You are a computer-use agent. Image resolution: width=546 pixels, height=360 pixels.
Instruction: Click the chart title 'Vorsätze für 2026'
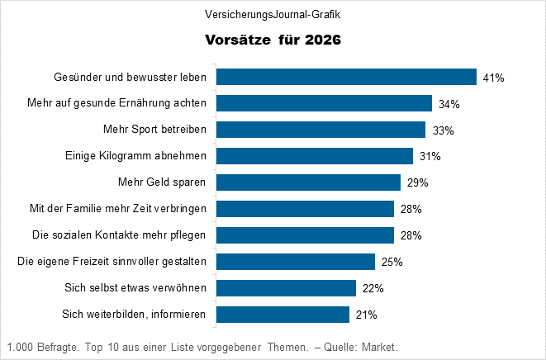pyautogui.click(x=273, y=40)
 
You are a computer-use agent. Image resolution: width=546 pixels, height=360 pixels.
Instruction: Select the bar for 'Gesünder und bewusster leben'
pyautogui.click(x=346, y=77)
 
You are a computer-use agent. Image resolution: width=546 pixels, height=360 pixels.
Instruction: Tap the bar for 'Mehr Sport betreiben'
pyautogui.click(x=320, y=130)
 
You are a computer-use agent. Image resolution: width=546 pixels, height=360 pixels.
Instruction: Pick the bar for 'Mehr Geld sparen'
pyautogui.click(x=308, y=182)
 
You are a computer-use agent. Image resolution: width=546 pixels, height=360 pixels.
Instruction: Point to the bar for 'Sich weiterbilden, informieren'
pyautogui.click(x=282, y=315)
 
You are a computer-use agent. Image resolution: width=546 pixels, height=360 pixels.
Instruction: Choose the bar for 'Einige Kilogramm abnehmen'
pyautogui.click(x=314, y=156)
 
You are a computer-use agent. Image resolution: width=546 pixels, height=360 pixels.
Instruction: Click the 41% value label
pyautogui.click(x=493, y=78)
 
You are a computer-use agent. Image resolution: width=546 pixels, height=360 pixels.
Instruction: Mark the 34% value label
pyautogui.click(x=449, y=104)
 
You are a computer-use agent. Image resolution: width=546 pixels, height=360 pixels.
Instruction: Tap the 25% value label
pyautogui.click(x=392, y=262)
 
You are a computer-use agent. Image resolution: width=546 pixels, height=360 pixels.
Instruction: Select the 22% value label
pyautogui.click(x=373, y=288)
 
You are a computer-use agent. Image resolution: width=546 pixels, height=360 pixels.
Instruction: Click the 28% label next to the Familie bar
pyautogui.click(x=411, y=209)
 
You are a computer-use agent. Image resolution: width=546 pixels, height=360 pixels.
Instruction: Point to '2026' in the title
pyautogui.click(x=321, y=40)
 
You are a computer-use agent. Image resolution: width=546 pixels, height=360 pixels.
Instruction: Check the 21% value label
pyautogui.click(x=366, y=315)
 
